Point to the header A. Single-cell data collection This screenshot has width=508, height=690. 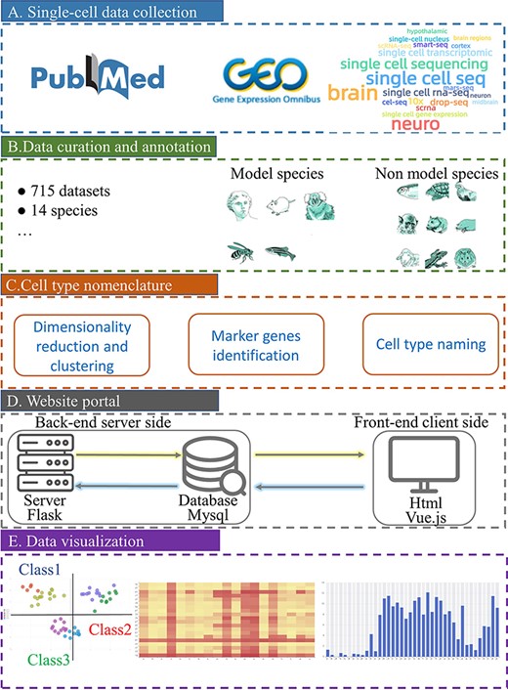[x=111, y=13]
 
